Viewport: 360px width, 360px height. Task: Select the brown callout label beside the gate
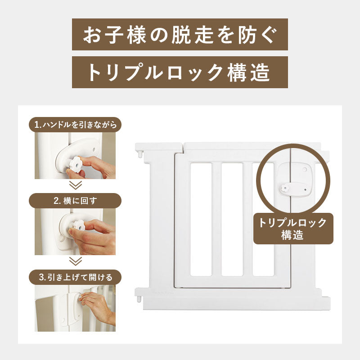pos(293,229)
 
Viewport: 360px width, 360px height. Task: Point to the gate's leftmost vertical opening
pos(201,219)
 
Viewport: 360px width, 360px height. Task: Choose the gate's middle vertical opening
pos(232,219)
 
